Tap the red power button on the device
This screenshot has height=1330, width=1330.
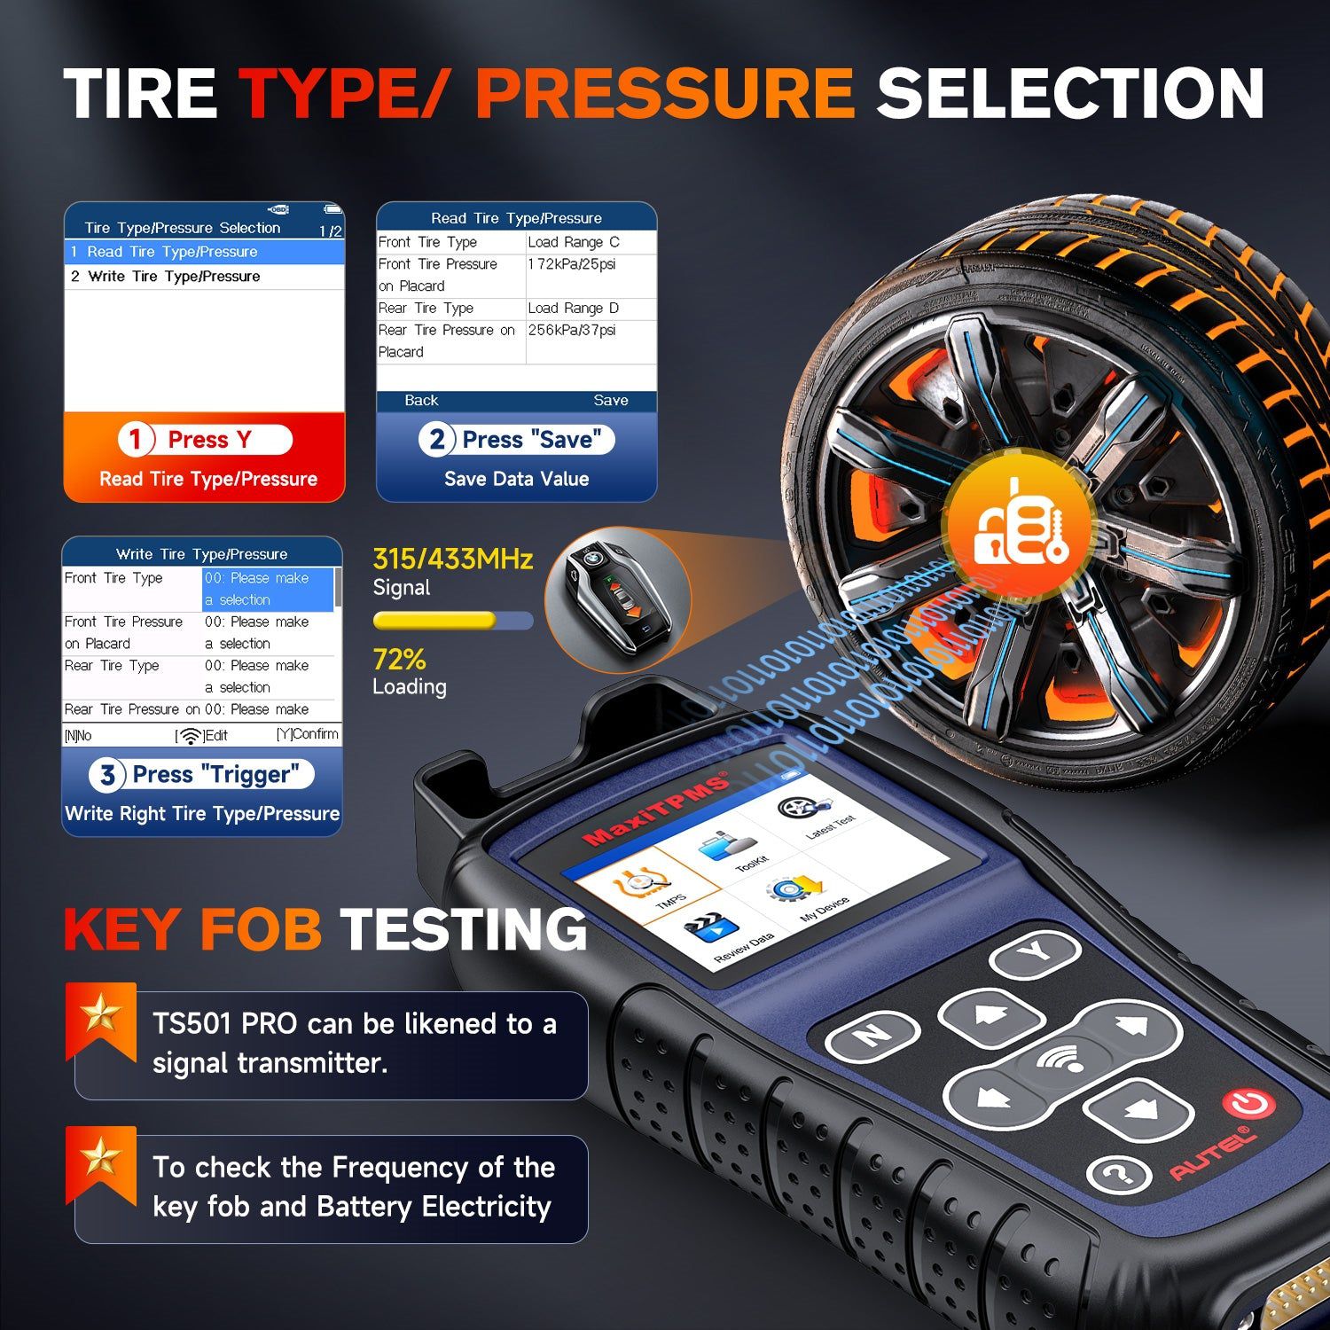click(x=1248, y=1104)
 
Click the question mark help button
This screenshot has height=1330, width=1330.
click(x=1119, y=1175)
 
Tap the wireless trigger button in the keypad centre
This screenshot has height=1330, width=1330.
click(x=1061, y=1060)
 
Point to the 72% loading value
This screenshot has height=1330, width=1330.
click(x=399, y=660)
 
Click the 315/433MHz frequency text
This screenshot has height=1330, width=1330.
click(x=452, y=559)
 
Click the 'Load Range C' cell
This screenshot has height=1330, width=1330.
click(x=574, y=242)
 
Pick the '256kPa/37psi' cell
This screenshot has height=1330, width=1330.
click(x=572, y=330)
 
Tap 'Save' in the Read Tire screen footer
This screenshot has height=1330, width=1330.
click(x=610, y=401)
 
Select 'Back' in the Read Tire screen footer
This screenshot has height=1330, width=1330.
click(x=421, y=401)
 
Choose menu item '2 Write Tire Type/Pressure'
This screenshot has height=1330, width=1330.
click(x=167, y=277)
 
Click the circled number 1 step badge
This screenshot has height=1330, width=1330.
click(x=136, y=439)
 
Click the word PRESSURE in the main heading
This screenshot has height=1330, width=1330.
click(x=665, y=93)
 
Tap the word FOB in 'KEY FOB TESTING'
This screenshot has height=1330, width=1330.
click(x=261, y=929)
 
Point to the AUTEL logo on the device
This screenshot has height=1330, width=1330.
click(x=1212, y=1154)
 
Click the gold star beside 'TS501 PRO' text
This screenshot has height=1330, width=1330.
click(x=100, y=1013)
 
